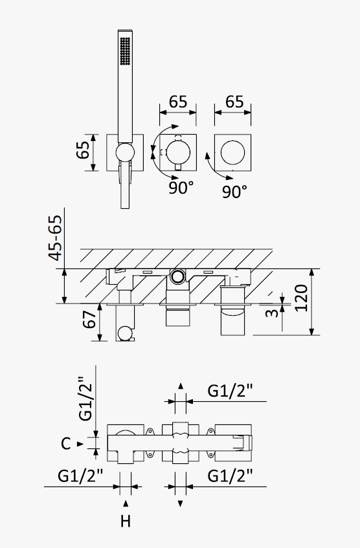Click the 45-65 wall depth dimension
56,238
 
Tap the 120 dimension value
301,298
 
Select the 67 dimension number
89,319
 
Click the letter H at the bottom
126,521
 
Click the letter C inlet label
66,444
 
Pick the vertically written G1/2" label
85,399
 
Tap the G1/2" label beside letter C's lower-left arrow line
80,476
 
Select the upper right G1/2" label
230,391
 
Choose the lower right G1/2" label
230,476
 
